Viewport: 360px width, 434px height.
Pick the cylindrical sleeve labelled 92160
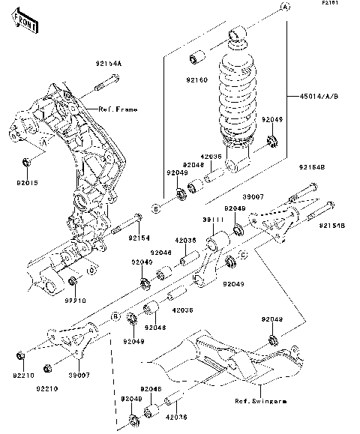tap(199, 57)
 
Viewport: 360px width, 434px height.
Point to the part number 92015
tap(27, 180)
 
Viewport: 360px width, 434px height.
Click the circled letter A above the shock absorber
tap(285, 6)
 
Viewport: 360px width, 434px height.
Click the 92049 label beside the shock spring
tap(271, 119)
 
